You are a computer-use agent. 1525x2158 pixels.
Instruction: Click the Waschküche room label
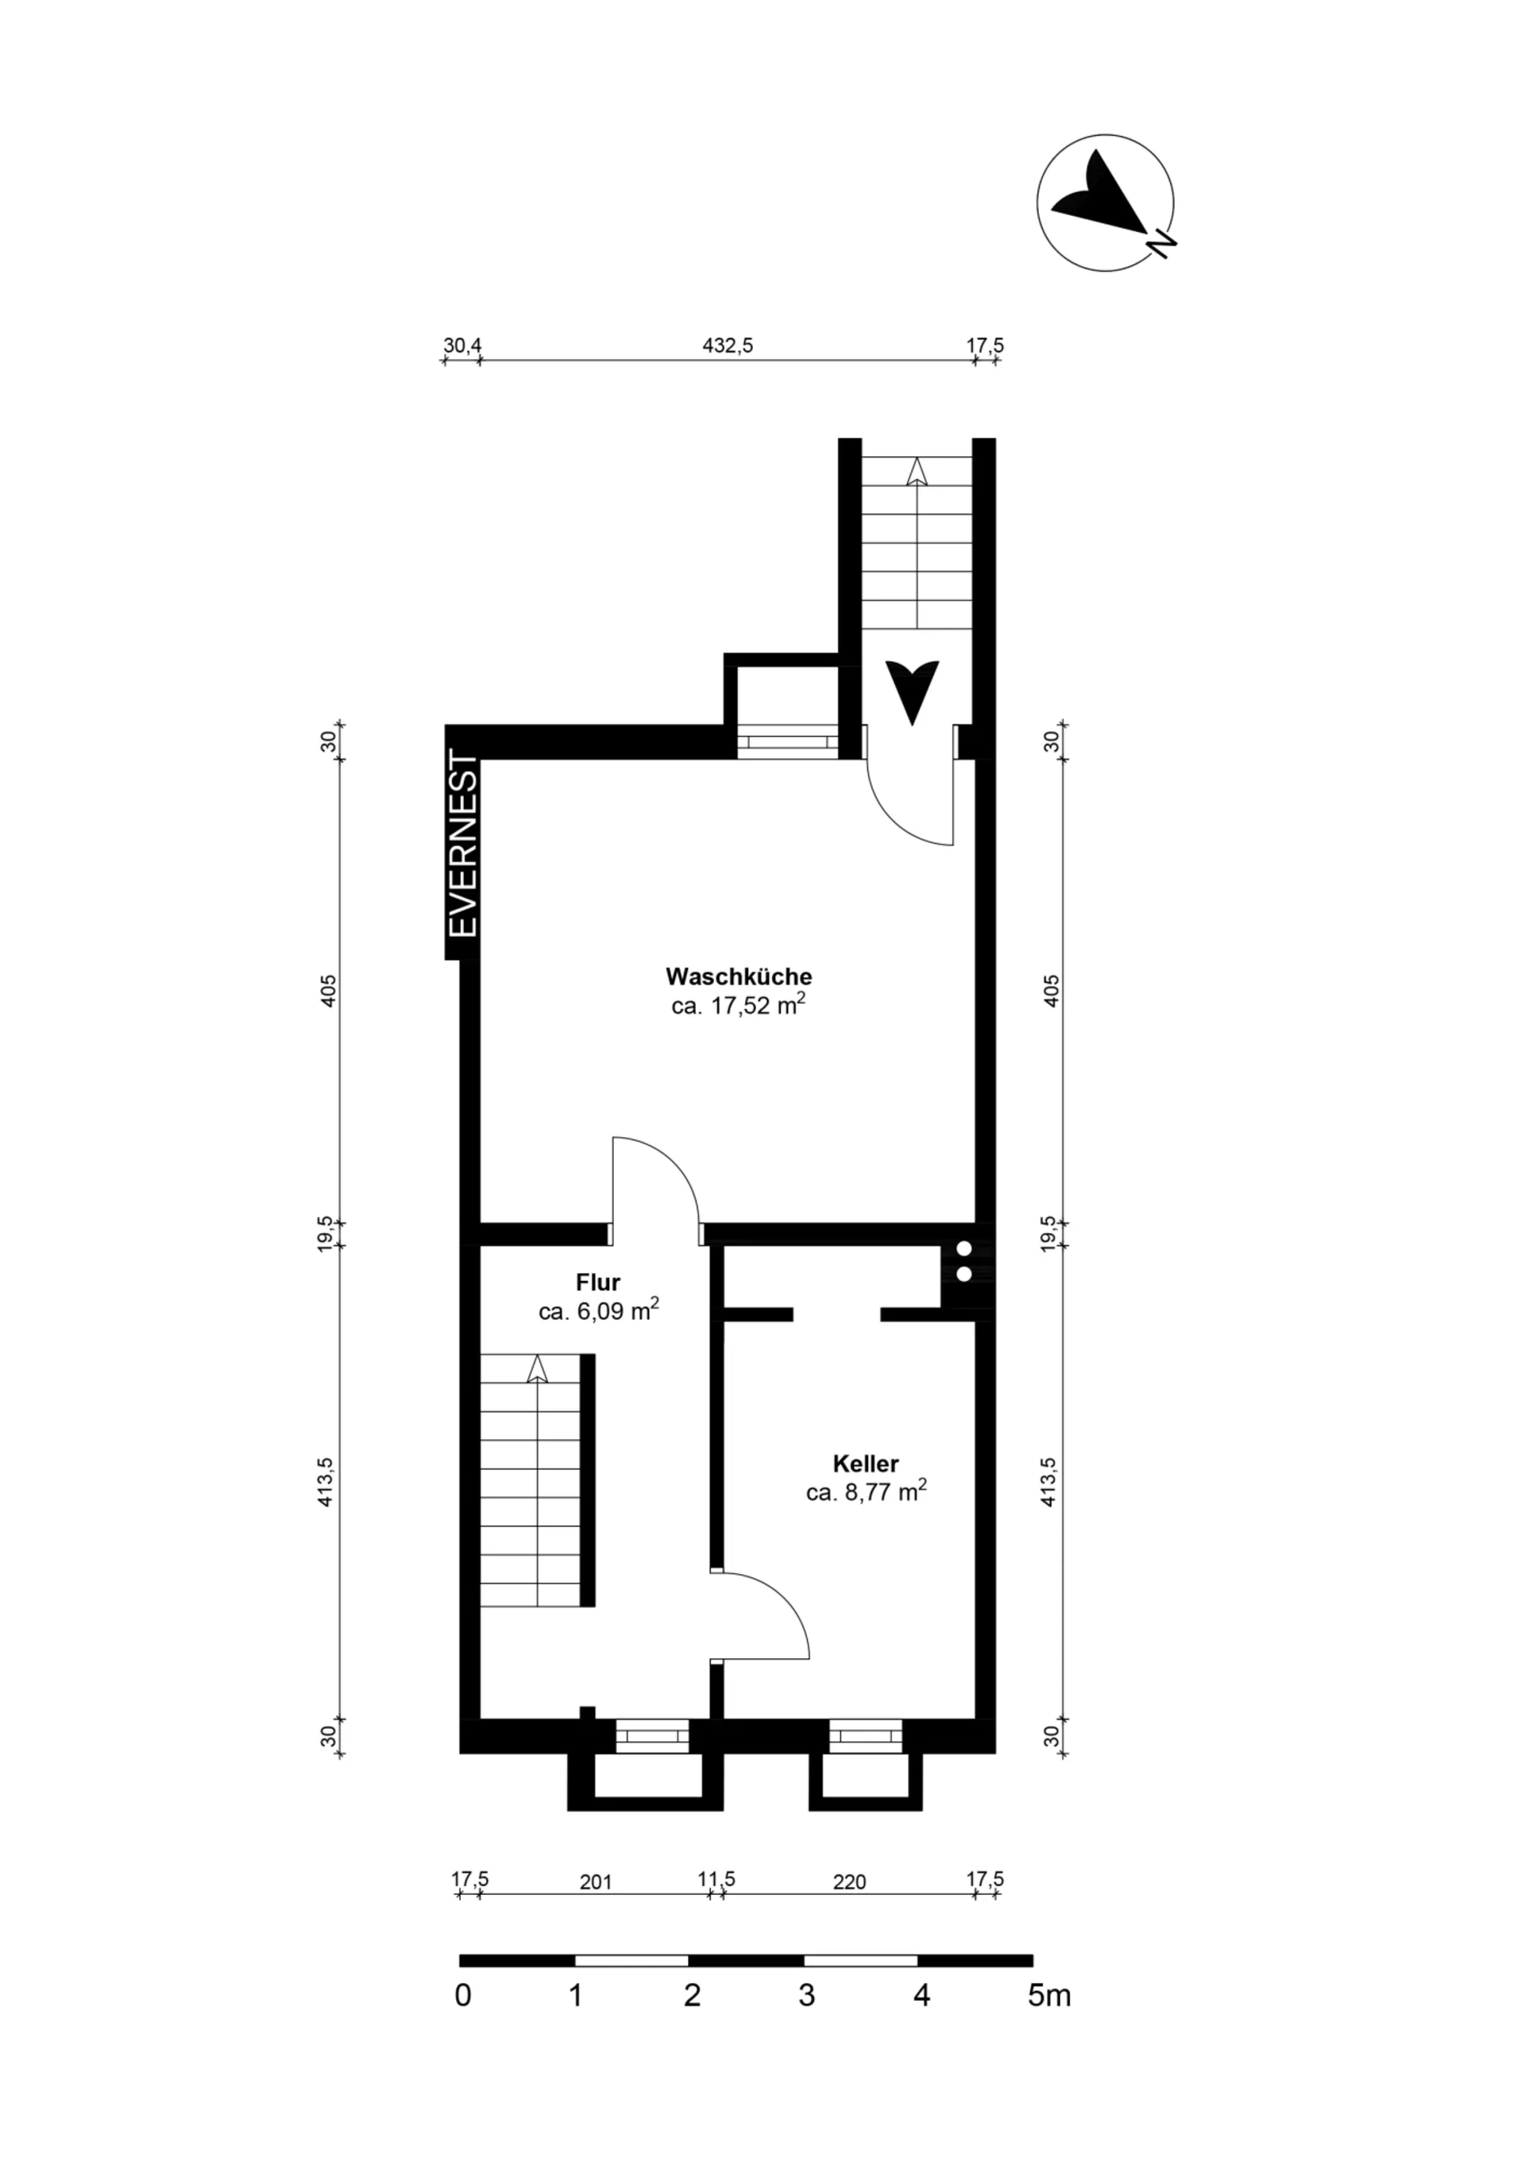tap(739, 976)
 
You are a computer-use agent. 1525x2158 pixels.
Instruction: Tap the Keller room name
tap(866, 1464)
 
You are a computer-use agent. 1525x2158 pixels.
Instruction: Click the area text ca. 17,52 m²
tap(739, 1006)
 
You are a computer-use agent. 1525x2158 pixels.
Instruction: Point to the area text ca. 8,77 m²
tap(867, 1491)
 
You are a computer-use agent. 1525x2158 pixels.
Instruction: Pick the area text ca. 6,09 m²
tap(599, 1310)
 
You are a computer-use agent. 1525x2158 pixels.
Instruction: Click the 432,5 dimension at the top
tap(728, 345)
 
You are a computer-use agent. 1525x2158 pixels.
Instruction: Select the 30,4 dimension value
tap(462, 345)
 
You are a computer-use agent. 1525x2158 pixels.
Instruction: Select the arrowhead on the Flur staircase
tap(536, 1368)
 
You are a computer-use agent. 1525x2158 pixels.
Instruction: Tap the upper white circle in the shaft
tap(963, 1249)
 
